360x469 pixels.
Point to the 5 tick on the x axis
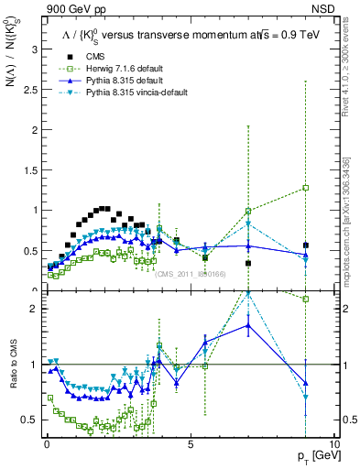[190, 443]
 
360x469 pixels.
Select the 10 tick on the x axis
[333, 443]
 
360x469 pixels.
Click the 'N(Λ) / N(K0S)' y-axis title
[12, 238]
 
